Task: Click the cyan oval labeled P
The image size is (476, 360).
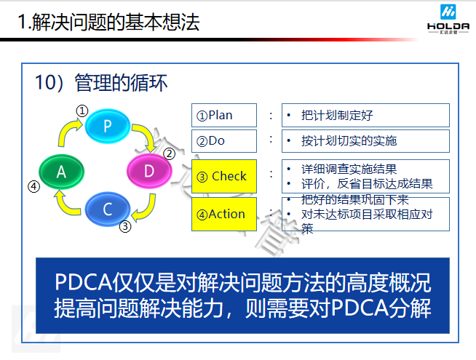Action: point(107,125)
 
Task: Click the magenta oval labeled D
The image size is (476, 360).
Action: point(149,172)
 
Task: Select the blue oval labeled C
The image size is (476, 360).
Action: point(108,209)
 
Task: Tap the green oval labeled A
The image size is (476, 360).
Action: point(62,172)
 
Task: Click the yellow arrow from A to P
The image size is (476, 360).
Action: point(70,132)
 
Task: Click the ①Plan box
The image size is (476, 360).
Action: point(224,115)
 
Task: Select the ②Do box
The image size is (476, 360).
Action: point(224,140)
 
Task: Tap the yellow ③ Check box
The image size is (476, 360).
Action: point(224,176)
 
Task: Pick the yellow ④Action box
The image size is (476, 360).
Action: point(224,214)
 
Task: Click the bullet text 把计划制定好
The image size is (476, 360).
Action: point(337,115)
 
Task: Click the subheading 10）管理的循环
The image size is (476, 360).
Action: point(102,82)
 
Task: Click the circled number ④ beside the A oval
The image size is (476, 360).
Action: point(33,185)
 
